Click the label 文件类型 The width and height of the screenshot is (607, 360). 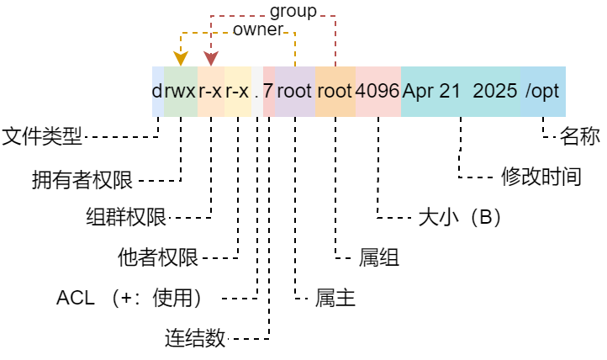tap(43, 135)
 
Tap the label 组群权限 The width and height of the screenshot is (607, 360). tap(126, 217)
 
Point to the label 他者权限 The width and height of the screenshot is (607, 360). tap(158, 257)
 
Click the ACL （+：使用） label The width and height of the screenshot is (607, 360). tap(128, 298)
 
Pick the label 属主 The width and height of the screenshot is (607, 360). tap(335, 298)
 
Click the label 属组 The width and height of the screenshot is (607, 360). tap(379, 257)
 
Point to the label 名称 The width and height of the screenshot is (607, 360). tap(579, 135)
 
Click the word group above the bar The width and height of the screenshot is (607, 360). tap(293, 11)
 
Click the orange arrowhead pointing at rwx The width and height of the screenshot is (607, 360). tap(180, 58)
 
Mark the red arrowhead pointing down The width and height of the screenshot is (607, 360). tap(211, 58)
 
